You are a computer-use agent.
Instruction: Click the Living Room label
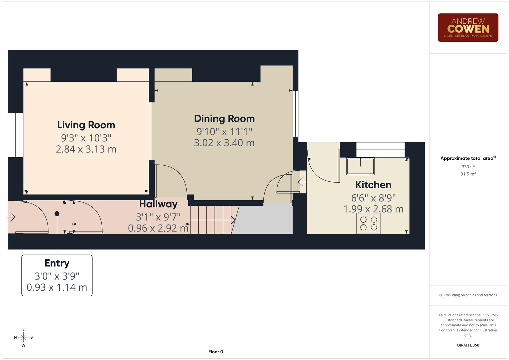click(86, 125)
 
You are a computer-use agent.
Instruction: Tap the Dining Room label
click(224, 119)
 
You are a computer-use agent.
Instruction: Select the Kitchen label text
click(373, 185)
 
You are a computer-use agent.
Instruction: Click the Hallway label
click(158, 204)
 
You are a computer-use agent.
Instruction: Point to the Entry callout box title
click(57, 263)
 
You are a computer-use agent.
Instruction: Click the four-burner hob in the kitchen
click(369, 223)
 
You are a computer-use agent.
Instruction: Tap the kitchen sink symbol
click(360, 166)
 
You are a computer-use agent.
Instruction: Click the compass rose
click(23, 337)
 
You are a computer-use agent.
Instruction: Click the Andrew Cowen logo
click(468, 28)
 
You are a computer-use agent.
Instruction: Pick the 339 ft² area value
click(468, 167)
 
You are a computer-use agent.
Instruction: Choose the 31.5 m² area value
click(468, 174)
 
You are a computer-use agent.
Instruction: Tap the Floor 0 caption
click(216, 352)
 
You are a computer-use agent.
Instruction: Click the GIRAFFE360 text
click(468, 345)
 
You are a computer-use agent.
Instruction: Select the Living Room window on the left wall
click(15, 135)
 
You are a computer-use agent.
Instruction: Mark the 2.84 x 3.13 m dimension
click(86, 149)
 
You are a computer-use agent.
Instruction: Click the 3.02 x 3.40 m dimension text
click(224, 143)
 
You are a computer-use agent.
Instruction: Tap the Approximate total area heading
click(467, 158)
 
